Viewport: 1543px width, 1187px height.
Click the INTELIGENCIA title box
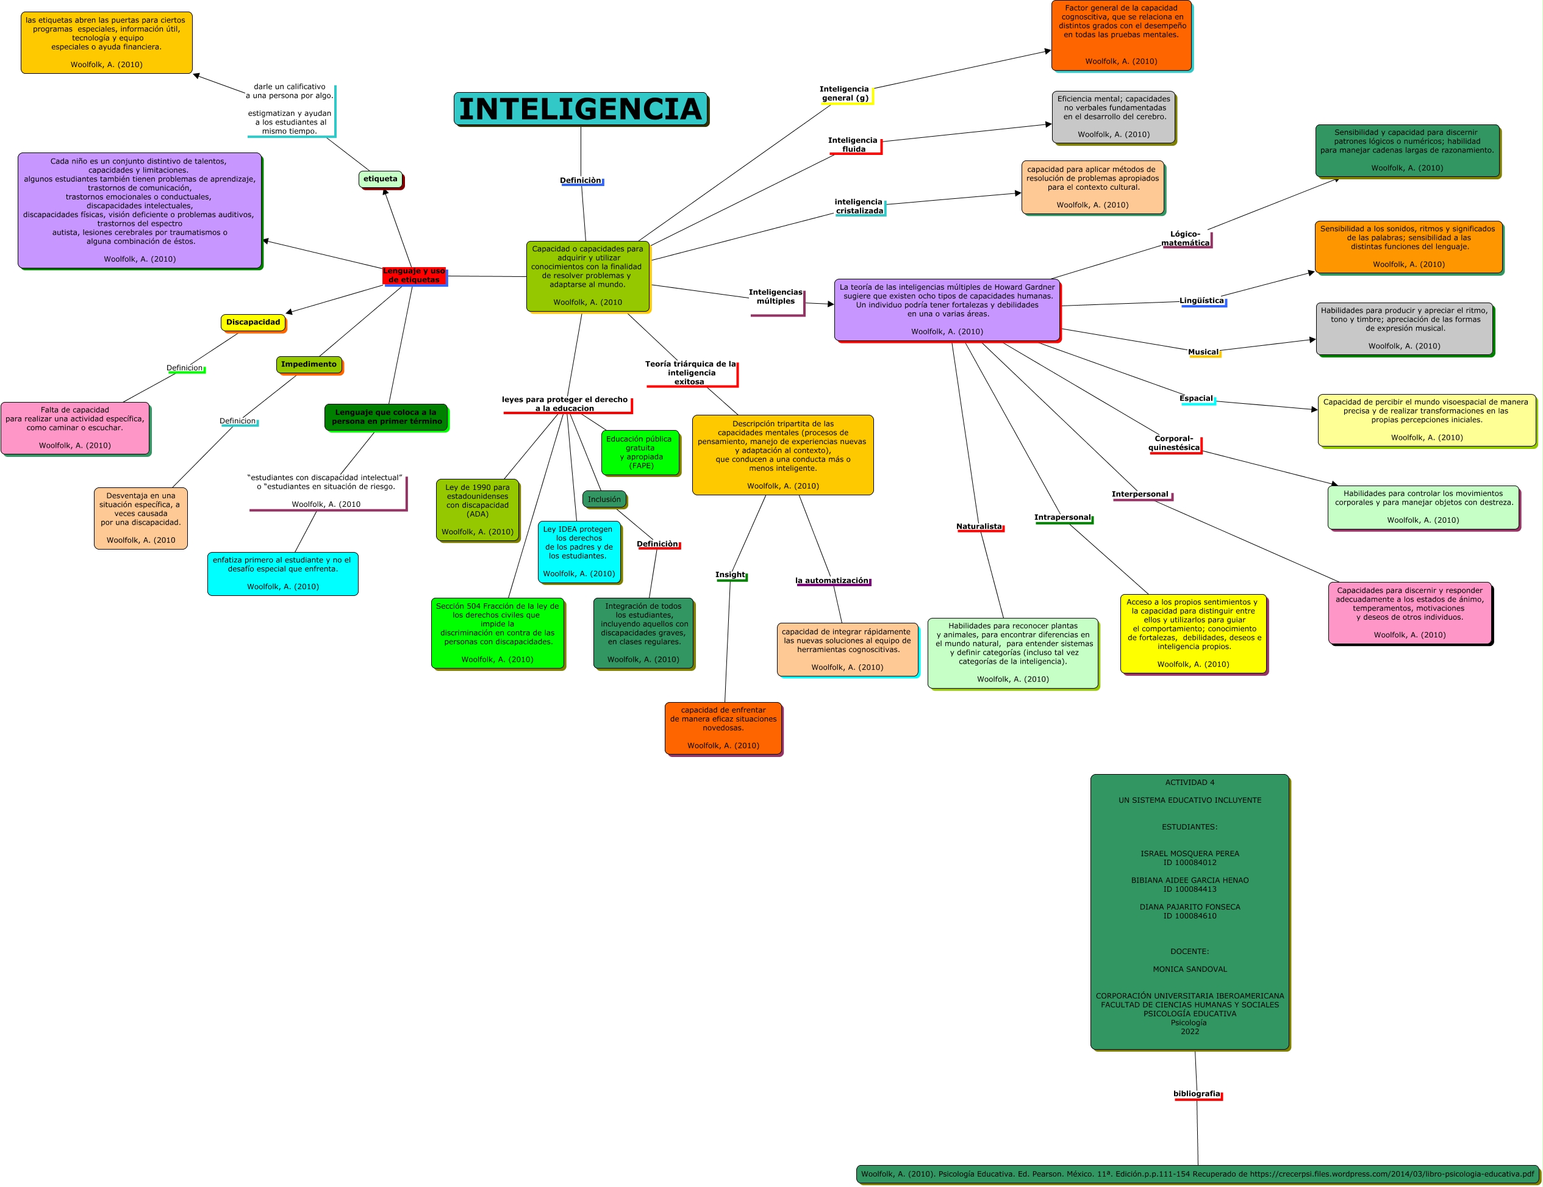(580, 109)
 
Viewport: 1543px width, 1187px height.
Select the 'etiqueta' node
(380, 179)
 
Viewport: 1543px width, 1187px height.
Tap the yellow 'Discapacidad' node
(253, 322)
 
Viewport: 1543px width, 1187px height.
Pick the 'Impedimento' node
(309, 365)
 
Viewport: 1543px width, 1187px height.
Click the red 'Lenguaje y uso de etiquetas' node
(414, 276)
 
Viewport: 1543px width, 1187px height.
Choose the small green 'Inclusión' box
(604, 500)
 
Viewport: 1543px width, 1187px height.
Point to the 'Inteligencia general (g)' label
(845, 94)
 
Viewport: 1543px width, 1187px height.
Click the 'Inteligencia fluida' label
(853, 145)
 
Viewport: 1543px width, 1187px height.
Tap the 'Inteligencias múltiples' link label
(776, 296)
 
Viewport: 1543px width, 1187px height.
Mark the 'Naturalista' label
(979, 526)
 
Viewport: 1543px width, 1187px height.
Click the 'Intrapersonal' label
(1062, 517)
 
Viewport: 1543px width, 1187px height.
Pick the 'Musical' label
(1203, 352)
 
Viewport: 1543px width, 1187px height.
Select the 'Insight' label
(731, 575)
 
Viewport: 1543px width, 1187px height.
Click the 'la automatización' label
(832, 581)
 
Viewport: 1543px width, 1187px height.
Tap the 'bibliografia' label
(1197, 1094)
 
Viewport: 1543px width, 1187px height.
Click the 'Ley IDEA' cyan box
(579, 552)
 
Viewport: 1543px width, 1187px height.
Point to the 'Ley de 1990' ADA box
(478, 509)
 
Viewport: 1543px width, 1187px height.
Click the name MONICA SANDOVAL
(1190, 969)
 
